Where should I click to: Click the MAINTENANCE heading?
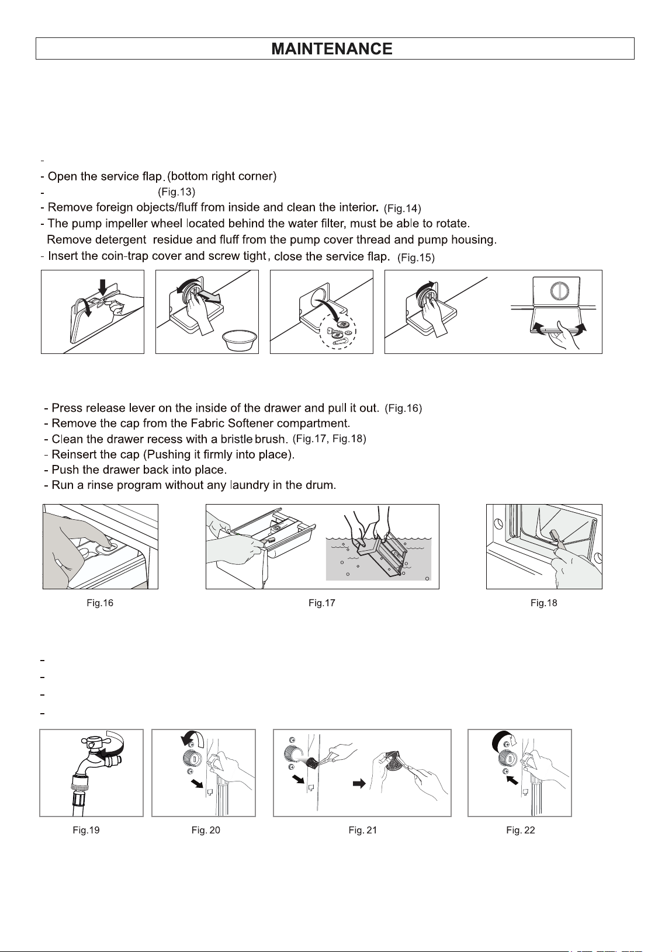332,49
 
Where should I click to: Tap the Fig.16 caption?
100,603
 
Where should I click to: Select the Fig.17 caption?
322,603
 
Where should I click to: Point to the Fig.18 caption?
543,603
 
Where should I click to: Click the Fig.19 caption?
86,830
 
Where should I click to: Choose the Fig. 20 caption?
206,830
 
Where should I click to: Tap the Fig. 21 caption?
363,830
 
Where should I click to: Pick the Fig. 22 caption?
521,830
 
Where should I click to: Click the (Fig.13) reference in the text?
176,192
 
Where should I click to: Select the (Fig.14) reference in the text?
403,209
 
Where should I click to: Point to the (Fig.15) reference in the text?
416,258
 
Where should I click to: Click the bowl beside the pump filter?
240,339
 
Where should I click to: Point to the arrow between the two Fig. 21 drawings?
359,783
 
